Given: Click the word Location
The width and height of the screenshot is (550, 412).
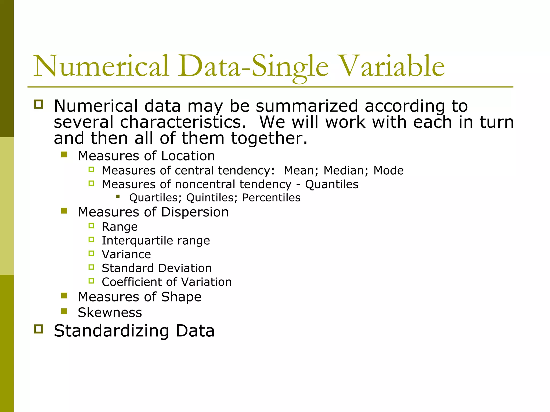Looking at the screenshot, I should point(188,156).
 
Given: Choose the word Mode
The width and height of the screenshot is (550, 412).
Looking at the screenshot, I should point(388,171).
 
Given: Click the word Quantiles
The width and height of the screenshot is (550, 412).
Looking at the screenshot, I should point(332,185).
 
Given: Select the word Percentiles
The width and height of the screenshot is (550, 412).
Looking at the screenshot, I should point(271,198).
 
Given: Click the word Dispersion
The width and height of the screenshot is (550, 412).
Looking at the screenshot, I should point(195,212).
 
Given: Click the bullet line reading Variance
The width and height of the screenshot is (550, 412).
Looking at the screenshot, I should point(126,254).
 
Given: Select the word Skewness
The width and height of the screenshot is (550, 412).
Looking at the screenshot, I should point(110,312).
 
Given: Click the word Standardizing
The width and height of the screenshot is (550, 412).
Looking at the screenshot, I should point(111,331).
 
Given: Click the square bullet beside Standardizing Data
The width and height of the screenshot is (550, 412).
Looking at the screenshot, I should point(39,329).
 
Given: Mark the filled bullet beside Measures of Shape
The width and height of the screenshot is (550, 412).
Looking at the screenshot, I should point(64,296).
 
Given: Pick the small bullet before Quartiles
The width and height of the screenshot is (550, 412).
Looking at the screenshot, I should point(118,197).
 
